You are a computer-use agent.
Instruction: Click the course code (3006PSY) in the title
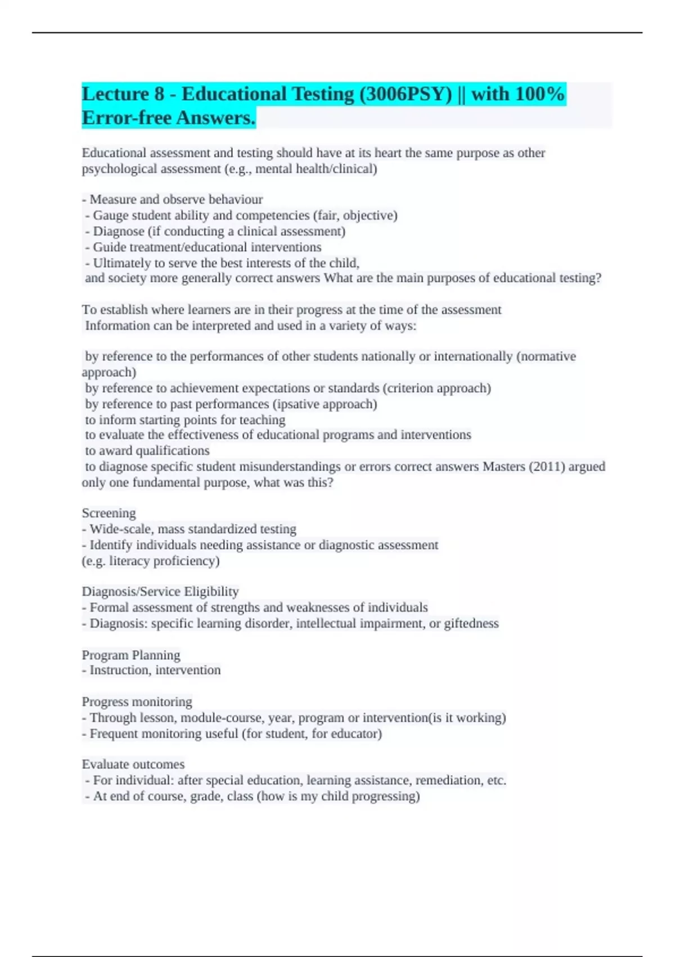tap(406, 94)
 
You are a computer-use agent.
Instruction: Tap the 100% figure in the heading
tap(539, 94)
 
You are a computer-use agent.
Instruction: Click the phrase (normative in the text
tap(546, 356)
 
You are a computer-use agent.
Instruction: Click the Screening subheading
tap(109, 513)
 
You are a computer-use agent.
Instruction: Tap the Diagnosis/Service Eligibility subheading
tap(160, 591)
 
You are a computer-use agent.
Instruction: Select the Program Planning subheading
tap(131, 655)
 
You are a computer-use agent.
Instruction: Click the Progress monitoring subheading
tap(137, 701)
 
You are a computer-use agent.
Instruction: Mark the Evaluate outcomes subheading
tap(133, 764)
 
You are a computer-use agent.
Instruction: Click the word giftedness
tap(471, 623)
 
